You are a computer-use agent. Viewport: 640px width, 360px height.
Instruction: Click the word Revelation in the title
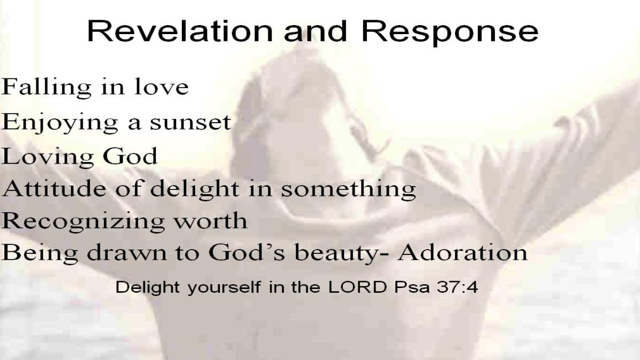tap(180, 31)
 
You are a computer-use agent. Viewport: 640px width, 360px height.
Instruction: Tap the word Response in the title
tap(450, 33)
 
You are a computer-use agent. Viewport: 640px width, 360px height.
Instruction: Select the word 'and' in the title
tap(315, 31)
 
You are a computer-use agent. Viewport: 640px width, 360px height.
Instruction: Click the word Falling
tap(46, 87)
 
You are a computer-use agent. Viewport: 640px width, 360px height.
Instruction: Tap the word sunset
tap(190, 123)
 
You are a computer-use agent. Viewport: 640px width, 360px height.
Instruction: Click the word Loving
tap(47, 157)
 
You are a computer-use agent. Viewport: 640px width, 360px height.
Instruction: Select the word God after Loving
tap(130, 156)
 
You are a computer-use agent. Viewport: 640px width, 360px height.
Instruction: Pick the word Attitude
tap(54, 189)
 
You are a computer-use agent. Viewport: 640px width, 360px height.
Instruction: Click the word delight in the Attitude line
tap(195, 190)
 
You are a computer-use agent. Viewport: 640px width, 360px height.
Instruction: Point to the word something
tap(348, 190)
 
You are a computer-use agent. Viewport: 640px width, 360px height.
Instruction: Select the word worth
tap(211, 221)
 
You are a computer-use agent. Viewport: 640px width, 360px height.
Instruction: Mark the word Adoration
tap(462, 253)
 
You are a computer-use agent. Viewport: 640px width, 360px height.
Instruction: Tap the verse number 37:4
tap(457, 287)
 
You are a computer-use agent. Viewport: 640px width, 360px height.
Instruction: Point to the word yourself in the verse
tap(224, 288)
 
